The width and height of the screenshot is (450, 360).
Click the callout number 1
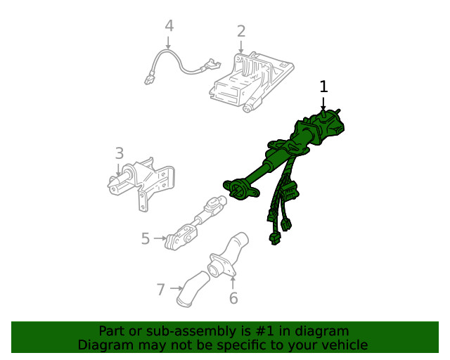click(323, 86)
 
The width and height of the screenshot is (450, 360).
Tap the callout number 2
click(241, 32)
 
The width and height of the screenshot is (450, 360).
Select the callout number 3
click(120, 153)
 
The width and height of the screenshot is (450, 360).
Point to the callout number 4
click(169, 25)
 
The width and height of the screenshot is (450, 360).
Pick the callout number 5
click(146, 238)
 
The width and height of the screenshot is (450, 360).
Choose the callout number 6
click(233, 298)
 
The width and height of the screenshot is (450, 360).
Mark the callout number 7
click(161, 290)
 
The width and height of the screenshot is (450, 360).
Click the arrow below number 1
click(323, 103)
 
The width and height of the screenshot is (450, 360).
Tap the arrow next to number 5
click(160, 238)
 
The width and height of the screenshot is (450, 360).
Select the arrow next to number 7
click(176, 288)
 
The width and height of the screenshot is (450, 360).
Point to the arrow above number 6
click(233, 282)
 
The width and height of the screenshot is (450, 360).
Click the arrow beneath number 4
click(168, 43)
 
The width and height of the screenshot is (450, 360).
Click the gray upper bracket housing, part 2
click(251, 82)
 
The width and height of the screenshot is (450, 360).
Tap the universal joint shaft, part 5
click(196, 223)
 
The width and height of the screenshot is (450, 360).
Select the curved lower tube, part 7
click(192, 289)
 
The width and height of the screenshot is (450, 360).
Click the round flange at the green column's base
click(240, 189)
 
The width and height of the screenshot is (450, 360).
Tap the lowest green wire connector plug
click(275, 239)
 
